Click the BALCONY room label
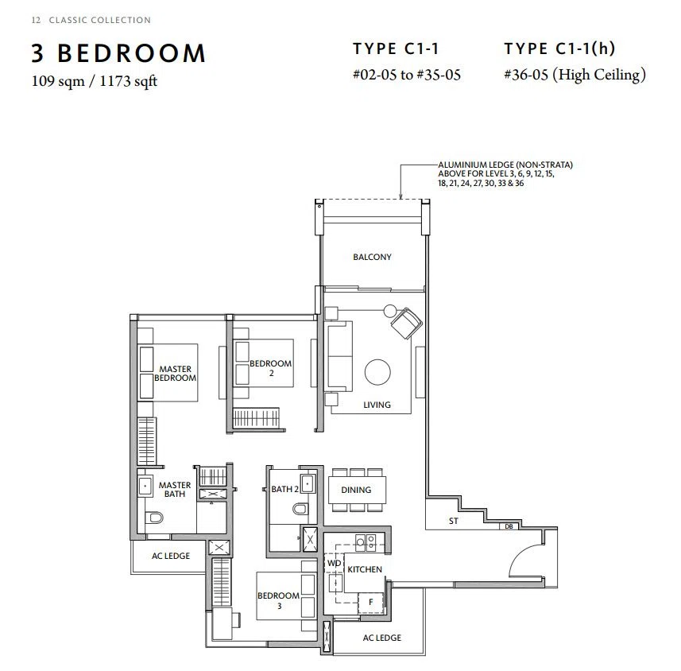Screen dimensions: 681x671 pos(372,257)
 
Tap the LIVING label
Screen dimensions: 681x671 pos(377,405)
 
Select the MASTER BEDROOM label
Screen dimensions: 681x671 pos(175,374)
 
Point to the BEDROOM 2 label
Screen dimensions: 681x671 pos(271,367)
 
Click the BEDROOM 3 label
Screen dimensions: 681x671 pos(278,600)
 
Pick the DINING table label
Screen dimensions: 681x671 pos(356,490)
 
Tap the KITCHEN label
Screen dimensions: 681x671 pos(365,569)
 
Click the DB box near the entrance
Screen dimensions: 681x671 pos(509,526)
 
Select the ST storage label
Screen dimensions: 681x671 pos(454,521)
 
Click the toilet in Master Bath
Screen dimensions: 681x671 pos(154,517)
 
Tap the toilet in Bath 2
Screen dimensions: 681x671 pos(300,508)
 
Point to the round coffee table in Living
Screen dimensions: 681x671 pos(377,372)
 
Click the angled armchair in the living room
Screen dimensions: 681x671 pos(406,324)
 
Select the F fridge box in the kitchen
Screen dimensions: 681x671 pos(370,603)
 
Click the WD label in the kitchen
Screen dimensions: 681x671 pos(334,563)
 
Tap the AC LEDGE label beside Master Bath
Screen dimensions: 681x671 pos(171,556)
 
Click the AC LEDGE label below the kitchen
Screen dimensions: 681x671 pos(381,638)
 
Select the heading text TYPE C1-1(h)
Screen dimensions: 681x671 pos(559,48)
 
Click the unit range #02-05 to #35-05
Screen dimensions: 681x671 pos(407,75)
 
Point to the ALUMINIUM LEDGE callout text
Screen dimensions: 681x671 pos(505,174)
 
